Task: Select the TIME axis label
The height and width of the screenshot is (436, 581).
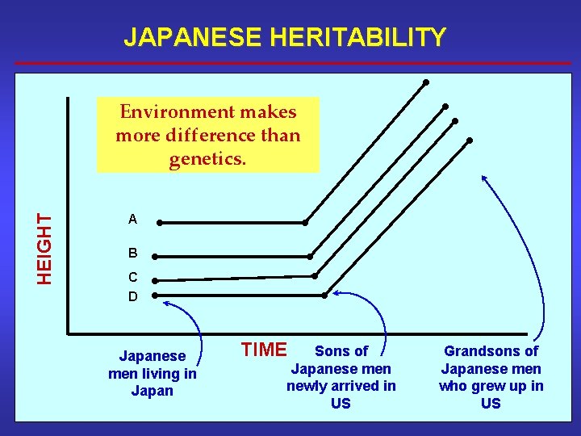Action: point(264,350)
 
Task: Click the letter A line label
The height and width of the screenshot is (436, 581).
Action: point(132,219)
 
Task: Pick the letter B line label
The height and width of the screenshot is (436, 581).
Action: point(132,253)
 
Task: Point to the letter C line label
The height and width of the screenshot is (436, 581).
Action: point(132,277)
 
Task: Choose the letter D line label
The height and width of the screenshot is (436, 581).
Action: point(132,296)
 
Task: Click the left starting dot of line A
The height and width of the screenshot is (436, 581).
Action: point(160,222)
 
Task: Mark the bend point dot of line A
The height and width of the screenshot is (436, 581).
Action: point(305,223)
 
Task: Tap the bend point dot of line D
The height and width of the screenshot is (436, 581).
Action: point(324,296)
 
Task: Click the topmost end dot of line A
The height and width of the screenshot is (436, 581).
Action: point(425,82)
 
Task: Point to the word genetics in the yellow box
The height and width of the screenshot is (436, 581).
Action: point(207,159)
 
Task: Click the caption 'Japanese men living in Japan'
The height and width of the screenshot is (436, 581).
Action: point(152,373)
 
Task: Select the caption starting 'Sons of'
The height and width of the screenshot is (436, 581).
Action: point(341,376)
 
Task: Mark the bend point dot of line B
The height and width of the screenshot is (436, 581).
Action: point(311,257)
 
